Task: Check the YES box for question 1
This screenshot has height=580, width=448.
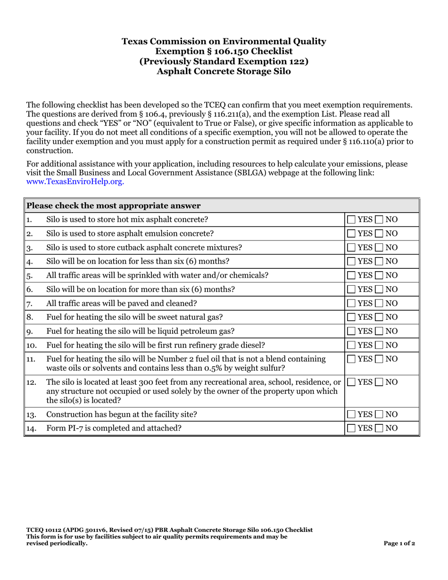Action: [x=352, y=219]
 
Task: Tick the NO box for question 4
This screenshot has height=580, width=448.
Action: [x=380, y=261]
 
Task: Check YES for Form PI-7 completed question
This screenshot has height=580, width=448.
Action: [x=352, y=428]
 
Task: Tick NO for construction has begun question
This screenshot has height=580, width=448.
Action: [x=380, y=414]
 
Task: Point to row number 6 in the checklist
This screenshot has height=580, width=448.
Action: [x=29, y=289]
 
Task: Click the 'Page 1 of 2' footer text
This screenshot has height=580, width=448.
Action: [x=399, y=543]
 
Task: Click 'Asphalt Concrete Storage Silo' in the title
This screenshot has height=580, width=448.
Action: [x=224, y=72]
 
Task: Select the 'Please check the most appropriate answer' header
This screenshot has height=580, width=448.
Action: [x=114, y=206]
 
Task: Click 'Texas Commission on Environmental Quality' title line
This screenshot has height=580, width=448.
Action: [x=224, y=41]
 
